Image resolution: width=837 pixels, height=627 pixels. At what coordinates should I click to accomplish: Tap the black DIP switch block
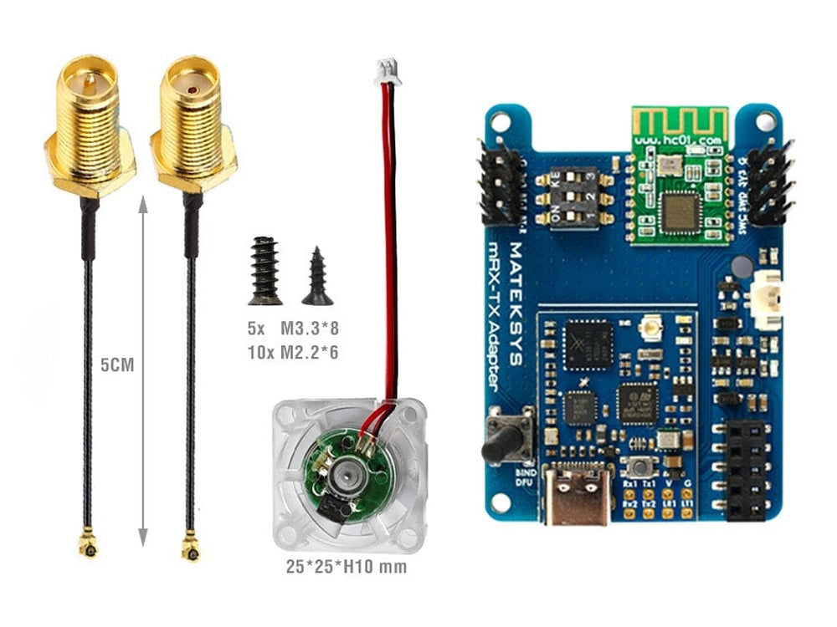point(574,199)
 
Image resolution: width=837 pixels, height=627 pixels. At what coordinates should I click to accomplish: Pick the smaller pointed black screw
point(317,276)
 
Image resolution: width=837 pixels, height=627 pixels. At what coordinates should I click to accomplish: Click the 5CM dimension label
point(118,365)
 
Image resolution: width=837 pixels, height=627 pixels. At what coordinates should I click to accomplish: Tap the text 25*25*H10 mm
point(347,568)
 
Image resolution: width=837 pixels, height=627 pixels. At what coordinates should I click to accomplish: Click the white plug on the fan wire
point(388,73)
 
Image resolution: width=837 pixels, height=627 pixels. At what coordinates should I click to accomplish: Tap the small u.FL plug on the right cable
point(191,548)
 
